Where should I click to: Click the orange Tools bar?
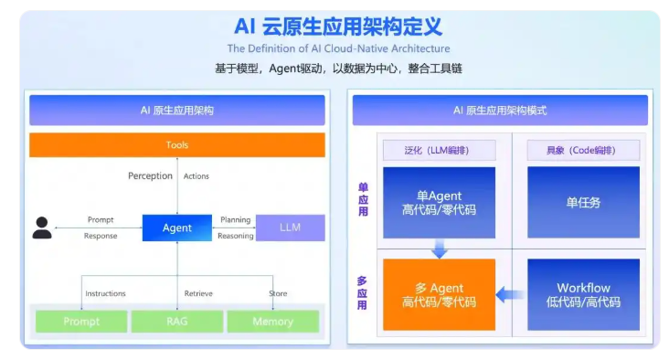[x=176, y=145]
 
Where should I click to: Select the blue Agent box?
[x=176, y=228]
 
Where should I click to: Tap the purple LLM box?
[x=290, y=228]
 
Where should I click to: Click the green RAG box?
[x=176, y=322]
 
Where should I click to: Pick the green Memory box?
[x=272, y=322]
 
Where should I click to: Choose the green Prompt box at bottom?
[x=81, y=322]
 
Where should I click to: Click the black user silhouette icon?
[x=42, y=228]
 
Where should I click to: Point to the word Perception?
[x=150, y=176]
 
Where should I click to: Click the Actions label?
[x=196, y=176]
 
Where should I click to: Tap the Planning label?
[x=235, y=219]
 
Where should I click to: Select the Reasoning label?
[x=236, y=236]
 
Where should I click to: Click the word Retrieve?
[x=198, y=293]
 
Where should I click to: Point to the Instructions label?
[x=105, y=293]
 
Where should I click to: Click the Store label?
[x=278, y=293]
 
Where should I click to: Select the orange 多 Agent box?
[x=439, y=294]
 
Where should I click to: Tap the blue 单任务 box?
[x=583, y=202]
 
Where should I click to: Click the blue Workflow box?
[x=583, y=294]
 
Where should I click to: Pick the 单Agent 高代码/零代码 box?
[x=439, y=202]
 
